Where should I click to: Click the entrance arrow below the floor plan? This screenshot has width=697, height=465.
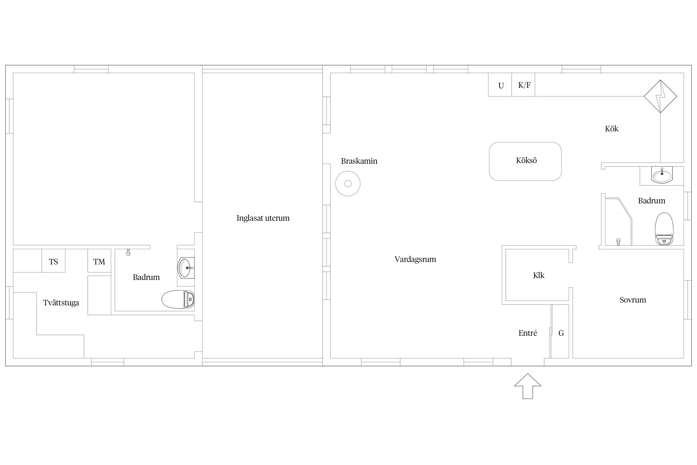[528, 386]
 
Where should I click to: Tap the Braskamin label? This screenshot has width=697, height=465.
[359, 161]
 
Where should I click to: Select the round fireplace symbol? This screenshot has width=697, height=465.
[348, 184]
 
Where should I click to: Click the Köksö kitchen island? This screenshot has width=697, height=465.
[525, 161]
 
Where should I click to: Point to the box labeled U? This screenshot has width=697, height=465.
[500, 85]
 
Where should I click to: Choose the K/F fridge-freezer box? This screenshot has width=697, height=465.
[523, 85]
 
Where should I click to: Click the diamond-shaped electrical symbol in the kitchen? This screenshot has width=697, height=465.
[660, 96]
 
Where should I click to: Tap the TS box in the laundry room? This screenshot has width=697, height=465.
[54, 261]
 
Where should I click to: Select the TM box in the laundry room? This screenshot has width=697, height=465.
[99, 261]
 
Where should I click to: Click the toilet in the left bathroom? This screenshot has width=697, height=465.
[178, 299]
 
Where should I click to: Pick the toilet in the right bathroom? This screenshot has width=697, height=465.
[664, 229]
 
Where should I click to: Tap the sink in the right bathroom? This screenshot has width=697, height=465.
[662, 175]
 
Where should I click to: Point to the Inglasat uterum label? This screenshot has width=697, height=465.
[263, 218]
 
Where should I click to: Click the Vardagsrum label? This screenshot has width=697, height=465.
[415, 259]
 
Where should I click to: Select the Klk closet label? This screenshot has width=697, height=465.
[539, 275]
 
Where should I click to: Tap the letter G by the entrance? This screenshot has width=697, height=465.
[561, 333]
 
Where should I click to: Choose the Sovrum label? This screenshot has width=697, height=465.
[633, 300]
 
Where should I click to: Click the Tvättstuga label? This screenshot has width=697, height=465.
[61, 303]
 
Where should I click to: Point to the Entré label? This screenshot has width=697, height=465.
[528, 333]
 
